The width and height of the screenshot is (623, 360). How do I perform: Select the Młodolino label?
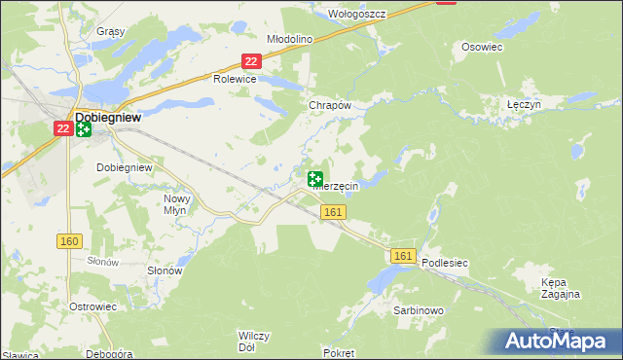[288, 39]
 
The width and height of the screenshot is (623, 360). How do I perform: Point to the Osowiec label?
[482, 47]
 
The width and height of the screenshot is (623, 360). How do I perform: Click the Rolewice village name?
[235, 80]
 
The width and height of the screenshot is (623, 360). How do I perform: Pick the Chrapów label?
[328, 105]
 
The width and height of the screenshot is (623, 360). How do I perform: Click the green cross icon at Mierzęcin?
[315, 179]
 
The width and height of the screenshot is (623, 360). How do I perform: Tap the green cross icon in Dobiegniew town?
[84, 129]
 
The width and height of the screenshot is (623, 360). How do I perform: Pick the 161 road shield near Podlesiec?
[405, 256]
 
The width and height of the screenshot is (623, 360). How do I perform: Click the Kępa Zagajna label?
[561, 287]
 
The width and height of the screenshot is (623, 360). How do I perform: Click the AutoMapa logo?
[558, 341]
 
